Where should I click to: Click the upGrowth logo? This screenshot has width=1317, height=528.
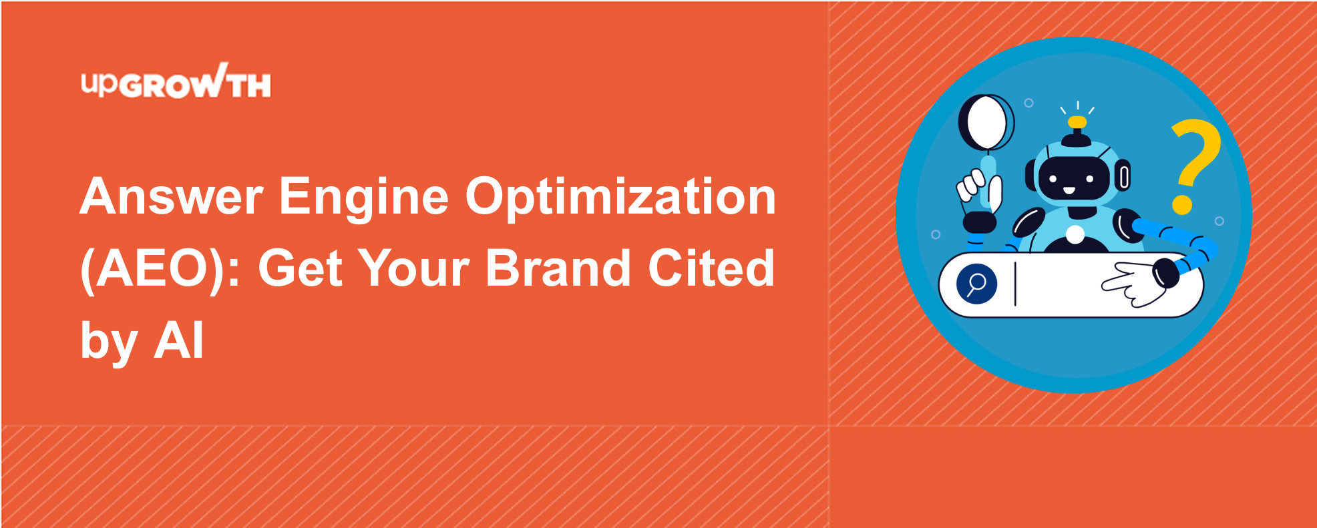point(176,81)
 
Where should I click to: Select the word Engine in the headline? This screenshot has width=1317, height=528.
point(364,198)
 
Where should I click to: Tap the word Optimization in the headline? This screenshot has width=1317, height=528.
point(620,197)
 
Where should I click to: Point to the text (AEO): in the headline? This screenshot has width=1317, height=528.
point(160,270)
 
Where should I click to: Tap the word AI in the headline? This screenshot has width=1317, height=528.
point(179,340)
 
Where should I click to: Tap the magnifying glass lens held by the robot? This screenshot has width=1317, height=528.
point(986,123)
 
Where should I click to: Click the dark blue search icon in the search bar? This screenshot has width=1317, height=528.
point(976,284)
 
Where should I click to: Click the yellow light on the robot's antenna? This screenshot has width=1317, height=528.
point(1077,122)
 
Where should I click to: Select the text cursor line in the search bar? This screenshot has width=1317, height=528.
point(1015,284)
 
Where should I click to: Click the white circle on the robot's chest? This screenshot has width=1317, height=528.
point(1075,234)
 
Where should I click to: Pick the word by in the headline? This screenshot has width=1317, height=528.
point(109,342)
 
